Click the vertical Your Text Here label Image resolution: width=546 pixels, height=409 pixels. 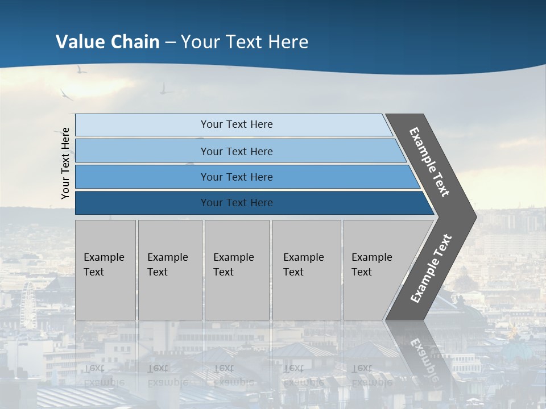pyautogui.click(x=65, y=163)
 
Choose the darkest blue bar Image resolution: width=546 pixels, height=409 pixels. pyautogui.click(x=142, y=203)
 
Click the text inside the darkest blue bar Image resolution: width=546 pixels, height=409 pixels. pyautogui.click(x=237, y=203)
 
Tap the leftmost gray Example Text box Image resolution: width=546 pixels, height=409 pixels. pyautogui.click(x=105, y=270)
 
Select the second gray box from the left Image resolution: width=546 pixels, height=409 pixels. pyautogui.click(x=170, y=270)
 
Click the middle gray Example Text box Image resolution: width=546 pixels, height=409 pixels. pyautogui.click(x=237, y=270)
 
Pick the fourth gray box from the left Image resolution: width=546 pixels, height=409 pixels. pyautogui.click(x=307, y=270)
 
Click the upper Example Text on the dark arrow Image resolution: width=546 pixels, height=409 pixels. pyautogui.click(x=429, y=162)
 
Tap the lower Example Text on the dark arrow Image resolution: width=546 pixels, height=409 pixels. pyautogui.click(x=431, y=268)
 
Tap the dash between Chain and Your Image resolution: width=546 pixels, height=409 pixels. pyautogui.click(x=170, y=43)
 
